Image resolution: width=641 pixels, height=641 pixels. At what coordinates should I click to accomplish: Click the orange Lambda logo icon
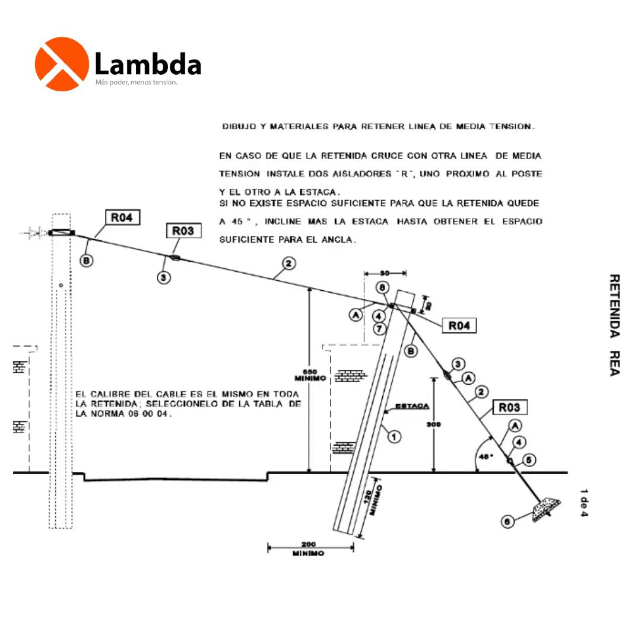coord(62,64)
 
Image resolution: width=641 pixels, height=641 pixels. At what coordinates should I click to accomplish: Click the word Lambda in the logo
coord(148,64)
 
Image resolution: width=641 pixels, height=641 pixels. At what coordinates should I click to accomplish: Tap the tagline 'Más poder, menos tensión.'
coord(137,82)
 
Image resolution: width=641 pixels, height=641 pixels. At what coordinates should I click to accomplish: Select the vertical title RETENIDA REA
coord(614,325)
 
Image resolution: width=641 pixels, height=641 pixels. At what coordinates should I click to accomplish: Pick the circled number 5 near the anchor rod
coord(530,459)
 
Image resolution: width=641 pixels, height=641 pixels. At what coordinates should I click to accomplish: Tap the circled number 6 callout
coord(507,522)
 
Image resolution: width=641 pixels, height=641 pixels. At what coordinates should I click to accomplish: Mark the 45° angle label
coord(486,457)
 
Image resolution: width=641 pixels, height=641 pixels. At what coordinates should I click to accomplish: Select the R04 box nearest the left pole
coord(123,218)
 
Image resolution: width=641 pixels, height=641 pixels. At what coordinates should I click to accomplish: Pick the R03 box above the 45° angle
coord(509,407)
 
